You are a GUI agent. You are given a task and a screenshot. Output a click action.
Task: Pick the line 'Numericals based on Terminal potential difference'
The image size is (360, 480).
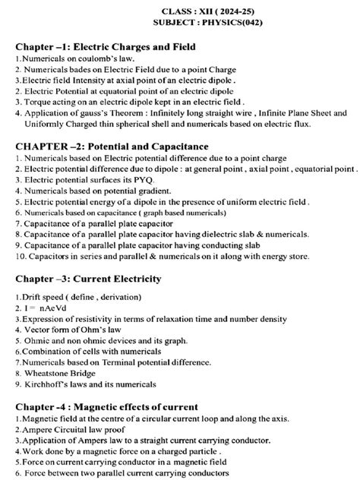[113, 363]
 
